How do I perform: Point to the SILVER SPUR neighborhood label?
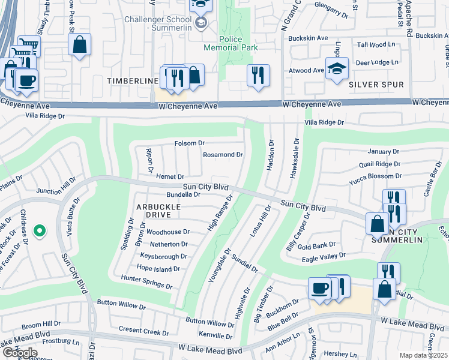click(376, 85)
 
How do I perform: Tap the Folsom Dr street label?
click(189, 143)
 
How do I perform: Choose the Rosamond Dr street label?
click(223, 154)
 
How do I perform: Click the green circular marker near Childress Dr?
click(40, 230)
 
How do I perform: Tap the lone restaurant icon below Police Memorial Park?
click(258, 76)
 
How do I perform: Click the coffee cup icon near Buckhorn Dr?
click(319, 288)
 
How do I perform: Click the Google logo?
click(19, 353)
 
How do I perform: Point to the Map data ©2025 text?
click(423, 355)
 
